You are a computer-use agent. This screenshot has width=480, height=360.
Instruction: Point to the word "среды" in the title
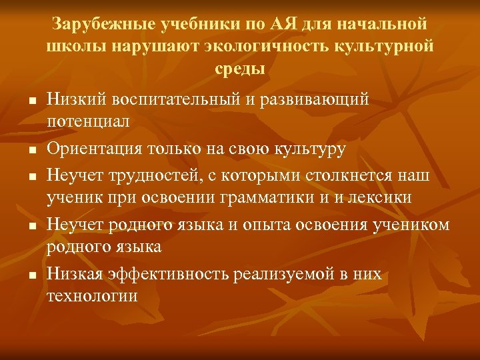click(240, 68)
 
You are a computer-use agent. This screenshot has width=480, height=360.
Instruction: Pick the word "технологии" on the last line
click(92, 296)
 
